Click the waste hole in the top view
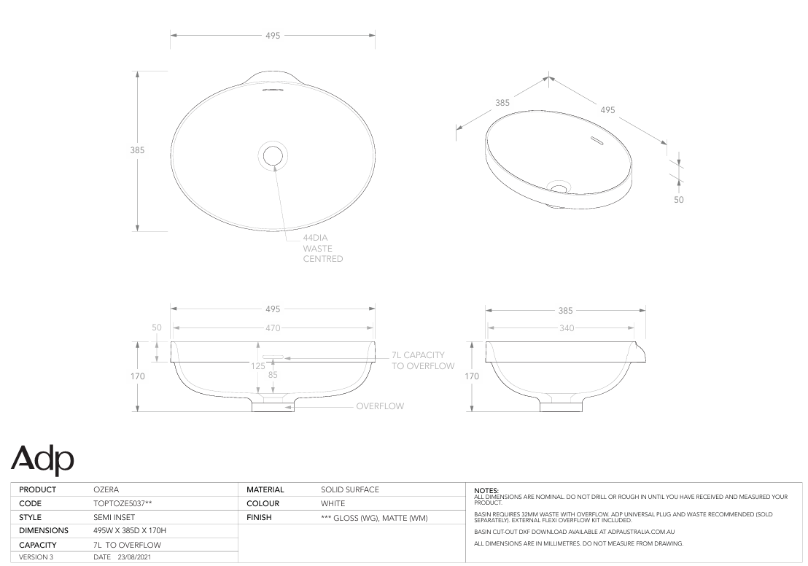[273, 155]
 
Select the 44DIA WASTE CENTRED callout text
[322, 248]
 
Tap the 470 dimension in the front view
[272, 328]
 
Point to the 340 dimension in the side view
[565, 328]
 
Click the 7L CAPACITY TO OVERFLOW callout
[423, 360]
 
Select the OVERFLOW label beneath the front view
[379, 406]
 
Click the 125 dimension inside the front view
[258, 367]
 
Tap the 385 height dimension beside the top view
[137, 150]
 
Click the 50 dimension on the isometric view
[678, 199]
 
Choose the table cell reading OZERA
[106, 489]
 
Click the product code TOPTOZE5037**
[123, 503]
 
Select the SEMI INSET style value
[114, 517]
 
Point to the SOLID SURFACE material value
[350, 489]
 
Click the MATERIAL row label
[265, 489]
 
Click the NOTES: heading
[486, 491]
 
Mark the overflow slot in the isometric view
[596, 139]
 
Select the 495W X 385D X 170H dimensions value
[136, 531]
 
